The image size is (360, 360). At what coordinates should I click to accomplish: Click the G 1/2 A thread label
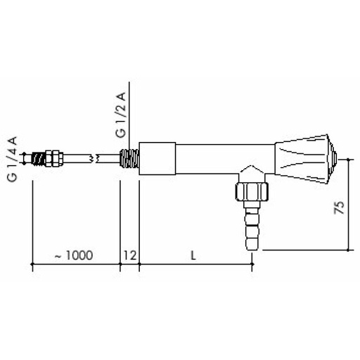coord(121,115)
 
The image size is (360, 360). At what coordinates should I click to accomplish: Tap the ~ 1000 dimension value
coord(74,255)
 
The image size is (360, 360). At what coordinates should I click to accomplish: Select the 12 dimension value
coord(129,255)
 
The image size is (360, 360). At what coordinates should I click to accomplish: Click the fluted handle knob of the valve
coord(304,158)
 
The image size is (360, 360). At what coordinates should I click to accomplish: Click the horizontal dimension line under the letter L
coord(195,264)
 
